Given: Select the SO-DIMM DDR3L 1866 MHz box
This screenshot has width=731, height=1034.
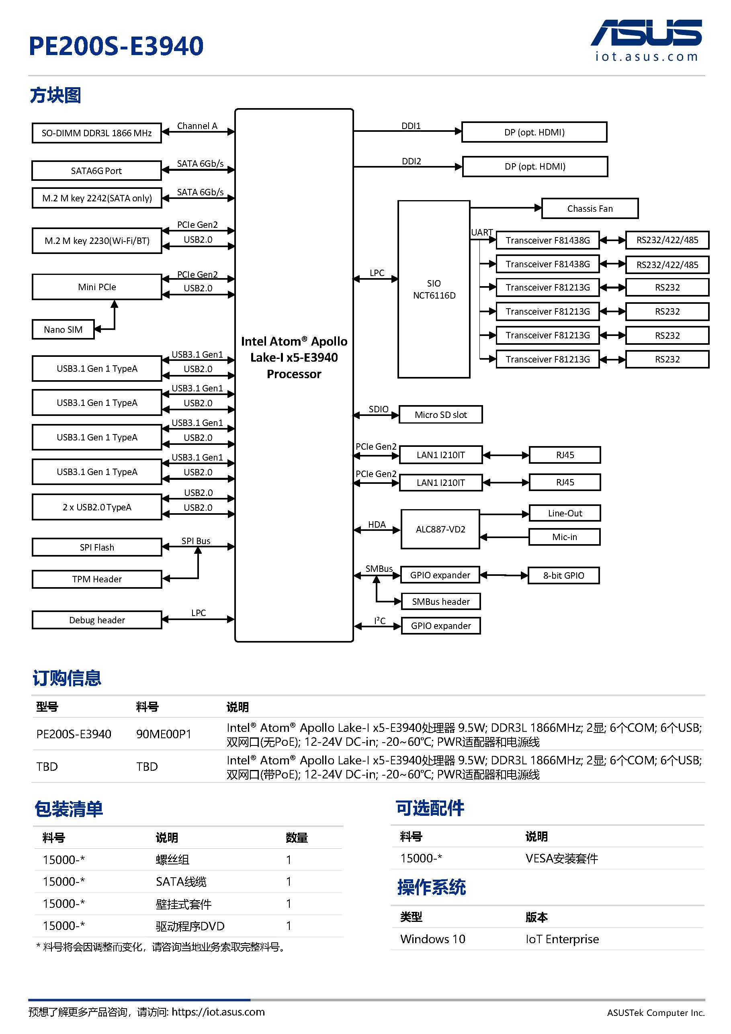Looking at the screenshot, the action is click(x=97, y=133).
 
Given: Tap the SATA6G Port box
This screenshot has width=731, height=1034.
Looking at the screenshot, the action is click(x=97, y=171).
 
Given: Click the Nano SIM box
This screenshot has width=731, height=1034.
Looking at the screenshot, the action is click(x=63, y=329).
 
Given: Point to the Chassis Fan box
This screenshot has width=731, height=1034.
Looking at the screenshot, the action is click(x=590, y=209).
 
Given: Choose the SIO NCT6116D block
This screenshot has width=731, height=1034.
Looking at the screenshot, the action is click(x=434, y=289).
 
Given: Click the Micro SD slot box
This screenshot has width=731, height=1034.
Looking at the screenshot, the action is click(x=441, y=414).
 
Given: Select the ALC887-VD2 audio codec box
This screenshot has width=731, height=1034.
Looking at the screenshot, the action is click(x=440, y=529).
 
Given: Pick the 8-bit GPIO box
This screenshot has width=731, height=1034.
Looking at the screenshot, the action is click(x=563, y=575).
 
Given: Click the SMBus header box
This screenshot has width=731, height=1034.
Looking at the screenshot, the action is click(x=441, y=601).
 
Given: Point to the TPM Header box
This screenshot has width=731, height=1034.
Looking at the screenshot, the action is click(x=97, y=579).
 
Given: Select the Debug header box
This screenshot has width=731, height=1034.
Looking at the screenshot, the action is click(x=97, y=620).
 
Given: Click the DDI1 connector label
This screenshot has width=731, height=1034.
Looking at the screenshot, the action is click(x=411, y=126).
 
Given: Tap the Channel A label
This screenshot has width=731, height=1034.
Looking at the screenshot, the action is click(x=197, y=126).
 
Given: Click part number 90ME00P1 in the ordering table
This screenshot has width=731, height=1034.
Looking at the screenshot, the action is click(x=164, y=734).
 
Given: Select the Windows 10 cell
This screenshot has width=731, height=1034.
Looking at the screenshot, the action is click(x=433, y=939).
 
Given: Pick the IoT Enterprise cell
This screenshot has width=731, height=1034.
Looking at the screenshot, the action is click(x=562, y=939).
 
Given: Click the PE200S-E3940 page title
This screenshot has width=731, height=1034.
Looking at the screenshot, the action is click(x=116, y=46).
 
